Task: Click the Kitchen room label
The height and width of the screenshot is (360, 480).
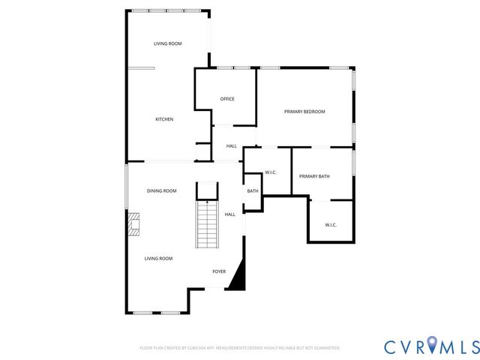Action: pos(164,119)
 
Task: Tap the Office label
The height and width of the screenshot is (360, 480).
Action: pos(226,99)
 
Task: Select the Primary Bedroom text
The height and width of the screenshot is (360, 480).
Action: pos(304,112)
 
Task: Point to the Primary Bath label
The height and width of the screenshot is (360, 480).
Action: pos(314,176)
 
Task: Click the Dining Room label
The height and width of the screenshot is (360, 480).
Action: pos(161,191)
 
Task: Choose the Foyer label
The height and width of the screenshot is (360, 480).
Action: pos(219,271)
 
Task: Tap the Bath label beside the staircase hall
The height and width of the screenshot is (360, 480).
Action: pos(253,191)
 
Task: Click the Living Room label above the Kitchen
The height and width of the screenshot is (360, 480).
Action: pos(168,43)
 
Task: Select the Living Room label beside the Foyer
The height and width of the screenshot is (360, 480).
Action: pos(158,259)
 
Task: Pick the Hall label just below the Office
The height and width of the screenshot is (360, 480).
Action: pos(232,146)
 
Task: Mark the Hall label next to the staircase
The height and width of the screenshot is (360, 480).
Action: pos(229,214)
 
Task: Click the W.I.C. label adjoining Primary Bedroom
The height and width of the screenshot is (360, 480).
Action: pos(271,172)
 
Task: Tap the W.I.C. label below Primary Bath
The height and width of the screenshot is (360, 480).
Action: pos(331,225)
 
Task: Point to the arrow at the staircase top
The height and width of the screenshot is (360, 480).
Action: pos(207,202)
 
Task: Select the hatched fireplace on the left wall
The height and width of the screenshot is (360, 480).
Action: pos(133,223)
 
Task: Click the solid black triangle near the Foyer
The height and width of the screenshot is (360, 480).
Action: pos(238,276)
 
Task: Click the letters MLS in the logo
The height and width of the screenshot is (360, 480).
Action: pos(457,346)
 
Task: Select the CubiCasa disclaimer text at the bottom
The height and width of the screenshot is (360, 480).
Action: pos(240,348)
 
